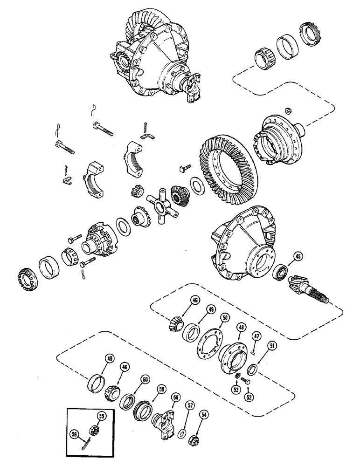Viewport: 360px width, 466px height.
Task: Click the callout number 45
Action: click(298, 255)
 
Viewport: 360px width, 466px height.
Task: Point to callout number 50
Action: click(225, 317)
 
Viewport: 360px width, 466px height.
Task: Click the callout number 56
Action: click(74, 433)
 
